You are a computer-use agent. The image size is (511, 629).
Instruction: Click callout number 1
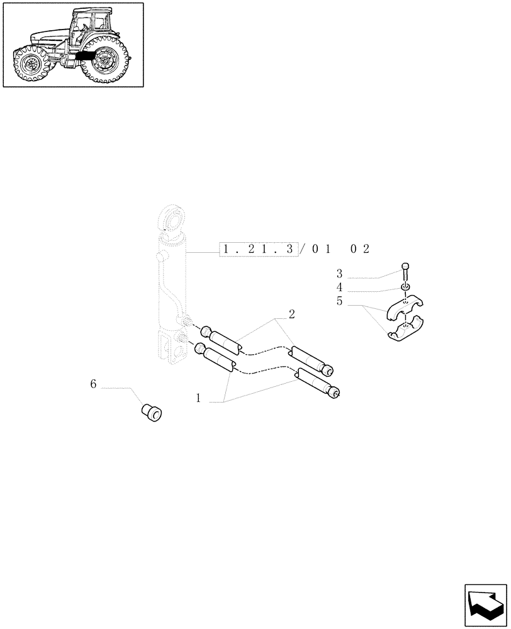(198, 398)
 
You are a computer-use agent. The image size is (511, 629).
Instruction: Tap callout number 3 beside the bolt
(339, 274)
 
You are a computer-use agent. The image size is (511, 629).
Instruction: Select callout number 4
(339, 287)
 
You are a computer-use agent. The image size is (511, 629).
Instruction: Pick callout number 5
(339, 301)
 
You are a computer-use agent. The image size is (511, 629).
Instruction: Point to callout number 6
(93, 384)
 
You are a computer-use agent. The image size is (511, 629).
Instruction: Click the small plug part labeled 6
(151, 413)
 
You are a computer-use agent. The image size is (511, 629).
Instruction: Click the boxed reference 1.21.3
(259, 250)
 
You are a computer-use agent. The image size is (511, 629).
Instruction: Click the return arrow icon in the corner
(485, 604)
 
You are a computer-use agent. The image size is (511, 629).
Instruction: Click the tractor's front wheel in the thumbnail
(31, 65)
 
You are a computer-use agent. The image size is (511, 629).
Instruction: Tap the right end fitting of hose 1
(336, 393)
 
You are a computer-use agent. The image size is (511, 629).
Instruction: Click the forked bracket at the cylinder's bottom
(170, 349)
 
